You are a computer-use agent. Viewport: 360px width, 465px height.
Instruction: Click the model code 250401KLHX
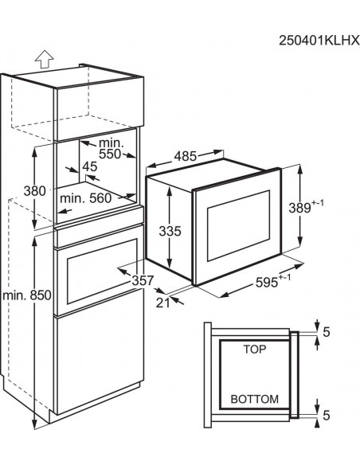[319, 41]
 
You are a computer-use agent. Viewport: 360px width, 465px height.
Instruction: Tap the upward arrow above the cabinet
[44, 59]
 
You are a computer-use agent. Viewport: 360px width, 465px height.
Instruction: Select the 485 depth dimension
[186, 156]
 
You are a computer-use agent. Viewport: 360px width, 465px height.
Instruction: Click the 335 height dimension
[170, 231]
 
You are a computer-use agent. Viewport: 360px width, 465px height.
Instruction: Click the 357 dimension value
[143, 280]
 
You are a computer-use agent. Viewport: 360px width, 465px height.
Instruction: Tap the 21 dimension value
[163, 303]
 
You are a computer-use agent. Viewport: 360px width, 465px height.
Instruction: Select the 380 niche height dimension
[35, 191]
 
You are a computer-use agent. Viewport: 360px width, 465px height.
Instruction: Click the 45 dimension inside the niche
[90, 166]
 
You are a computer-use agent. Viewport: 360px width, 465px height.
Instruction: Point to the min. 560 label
[86, 198]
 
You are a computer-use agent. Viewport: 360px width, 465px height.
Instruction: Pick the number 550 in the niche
[110, 154]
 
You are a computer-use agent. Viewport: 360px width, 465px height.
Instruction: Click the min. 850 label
[27, 295]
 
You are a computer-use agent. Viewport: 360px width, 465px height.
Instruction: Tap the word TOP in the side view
[255, 350]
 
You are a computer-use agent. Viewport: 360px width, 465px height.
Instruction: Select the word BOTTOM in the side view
[255, 399]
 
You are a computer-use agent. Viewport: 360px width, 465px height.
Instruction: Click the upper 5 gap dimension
[327, 332]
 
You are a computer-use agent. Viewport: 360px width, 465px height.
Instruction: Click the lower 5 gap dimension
[327, 416]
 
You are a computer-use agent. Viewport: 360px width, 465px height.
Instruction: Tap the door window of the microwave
[238, 225]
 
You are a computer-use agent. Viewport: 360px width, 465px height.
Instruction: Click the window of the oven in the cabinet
[102, 272]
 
